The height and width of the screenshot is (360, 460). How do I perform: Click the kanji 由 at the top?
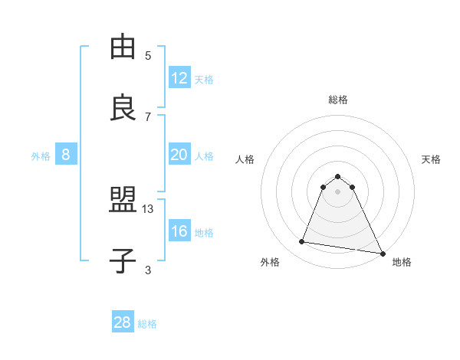tap(123, 47)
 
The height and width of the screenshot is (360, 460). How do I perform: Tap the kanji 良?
tap(123, 107)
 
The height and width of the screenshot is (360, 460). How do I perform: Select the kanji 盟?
tap(123, 201)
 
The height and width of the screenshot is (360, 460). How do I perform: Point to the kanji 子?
tap(123, 260)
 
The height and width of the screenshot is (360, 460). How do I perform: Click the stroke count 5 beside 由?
tap(148, 56)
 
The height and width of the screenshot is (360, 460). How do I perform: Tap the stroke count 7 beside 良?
tap(148, 116)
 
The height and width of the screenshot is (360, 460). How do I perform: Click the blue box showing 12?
tap(179, 78)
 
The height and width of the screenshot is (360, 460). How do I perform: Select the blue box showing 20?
tap(179, 155)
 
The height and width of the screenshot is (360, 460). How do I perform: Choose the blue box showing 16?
tap(179, 231)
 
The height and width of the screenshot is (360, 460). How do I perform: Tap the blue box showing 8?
tap(66, 155)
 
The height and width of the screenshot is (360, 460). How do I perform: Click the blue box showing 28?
tap(123, 322)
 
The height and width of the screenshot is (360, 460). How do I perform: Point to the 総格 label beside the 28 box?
tap(147, 324)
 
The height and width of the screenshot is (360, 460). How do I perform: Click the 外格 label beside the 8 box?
tap(41, 156)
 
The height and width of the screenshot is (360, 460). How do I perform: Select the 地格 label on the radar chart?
tap(402, 262)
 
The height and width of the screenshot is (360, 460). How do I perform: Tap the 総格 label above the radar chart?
tap(338, 100)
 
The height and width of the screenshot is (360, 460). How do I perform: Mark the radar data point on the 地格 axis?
tap(382, 253)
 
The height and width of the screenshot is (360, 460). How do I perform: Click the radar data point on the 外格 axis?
tap(301, 242)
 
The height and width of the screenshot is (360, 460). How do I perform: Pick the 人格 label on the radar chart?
tap(245, 159)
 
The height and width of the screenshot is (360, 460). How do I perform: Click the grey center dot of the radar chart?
tap(338, 191)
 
